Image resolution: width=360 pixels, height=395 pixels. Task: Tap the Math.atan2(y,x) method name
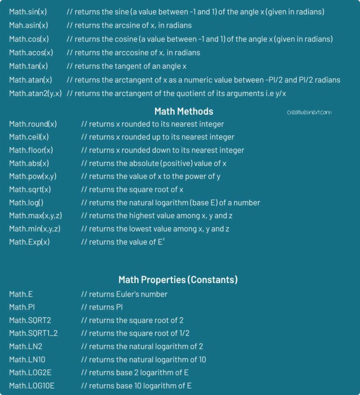click(35, 93)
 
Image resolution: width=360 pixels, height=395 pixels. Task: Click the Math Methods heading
click(184, 112)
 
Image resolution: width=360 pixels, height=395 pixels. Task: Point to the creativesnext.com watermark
click(309, 113)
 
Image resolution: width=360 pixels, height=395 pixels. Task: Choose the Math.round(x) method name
click(33, 124)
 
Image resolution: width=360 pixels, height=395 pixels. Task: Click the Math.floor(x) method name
click(31, 151)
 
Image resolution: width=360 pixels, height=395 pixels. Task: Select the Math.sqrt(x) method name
click(30, 190)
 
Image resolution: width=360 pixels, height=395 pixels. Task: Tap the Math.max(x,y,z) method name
click(35, 216)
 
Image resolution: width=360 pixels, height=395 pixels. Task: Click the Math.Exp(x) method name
click(30, 242)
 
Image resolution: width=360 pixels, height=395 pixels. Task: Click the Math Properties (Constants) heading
click(178, 280)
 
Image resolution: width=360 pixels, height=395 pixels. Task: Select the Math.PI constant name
click(22, 307)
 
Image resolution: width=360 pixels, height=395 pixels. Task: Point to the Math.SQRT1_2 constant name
click(33, 334)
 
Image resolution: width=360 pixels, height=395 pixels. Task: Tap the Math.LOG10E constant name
click(30, 386)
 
